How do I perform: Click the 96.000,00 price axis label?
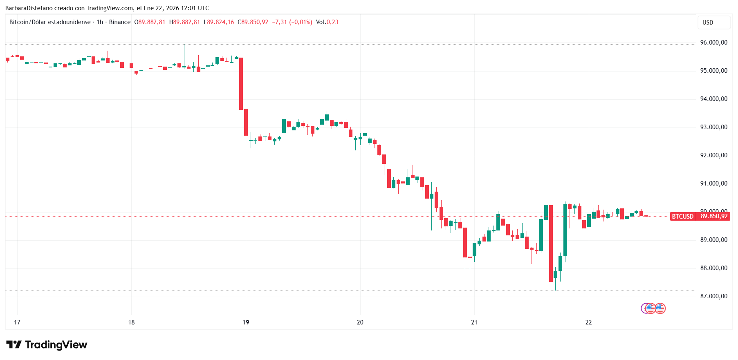713,42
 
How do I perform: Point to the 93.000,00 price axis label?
713,127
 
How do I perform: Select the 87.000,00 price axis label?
713,296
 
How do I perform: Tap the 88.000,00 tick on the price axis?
713,268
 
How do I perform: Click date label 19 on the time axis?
246,322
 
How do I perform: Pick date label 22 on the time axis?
588,322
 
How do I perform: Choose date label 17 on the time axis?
17,322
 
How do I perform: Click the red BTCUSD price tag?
682,216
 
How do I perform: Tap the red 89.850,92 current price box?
714,216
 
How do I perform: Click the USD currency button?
708,22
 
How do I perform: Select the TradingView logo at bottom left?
47,345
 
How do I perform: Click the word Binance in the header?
120,22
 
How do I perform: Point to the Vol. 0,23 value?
327,22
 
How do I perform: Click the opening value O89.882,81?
150,22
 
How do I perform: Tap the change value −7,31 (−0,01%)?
292,22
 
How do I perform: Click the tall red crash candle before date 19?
241,84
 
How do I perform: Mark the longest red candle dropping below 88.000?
551,244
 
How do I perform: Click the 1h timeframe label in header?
100,22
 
